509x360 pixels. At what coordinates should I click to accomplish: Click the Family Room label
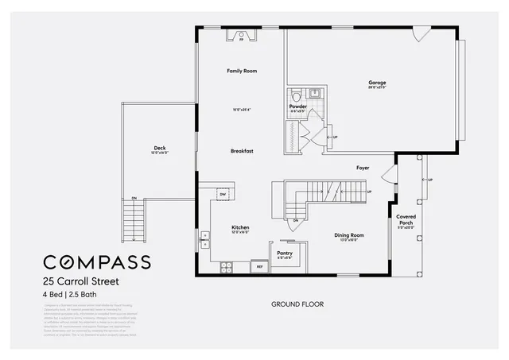[242, 72]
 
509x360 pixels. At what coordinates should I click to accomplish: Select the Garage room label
[377, 82]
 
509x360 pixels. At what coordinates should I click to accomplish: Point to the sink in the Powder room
[314, 94]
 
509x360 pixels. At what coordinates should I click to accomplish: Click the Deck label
[160, 147]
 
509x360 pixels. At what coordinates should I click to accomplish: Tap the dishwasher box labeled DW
[223, 194]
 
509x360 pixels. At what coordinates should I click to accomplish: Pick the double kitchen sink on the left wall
[205, 238]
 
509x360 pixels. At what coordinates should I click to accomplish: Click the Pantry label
[285, 253]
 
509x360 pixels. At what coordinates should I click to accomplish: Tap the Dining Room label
[348, 235]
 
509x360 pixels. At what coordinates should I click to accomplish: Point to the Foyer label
[363, 168]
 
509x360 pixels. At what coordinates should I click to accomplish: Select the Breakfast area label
[242, 150]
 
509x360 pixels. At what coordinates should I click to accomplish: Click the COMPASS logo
[96, 262]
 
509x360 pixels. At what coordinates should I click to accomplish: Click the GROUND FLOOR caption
[297, 304]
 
